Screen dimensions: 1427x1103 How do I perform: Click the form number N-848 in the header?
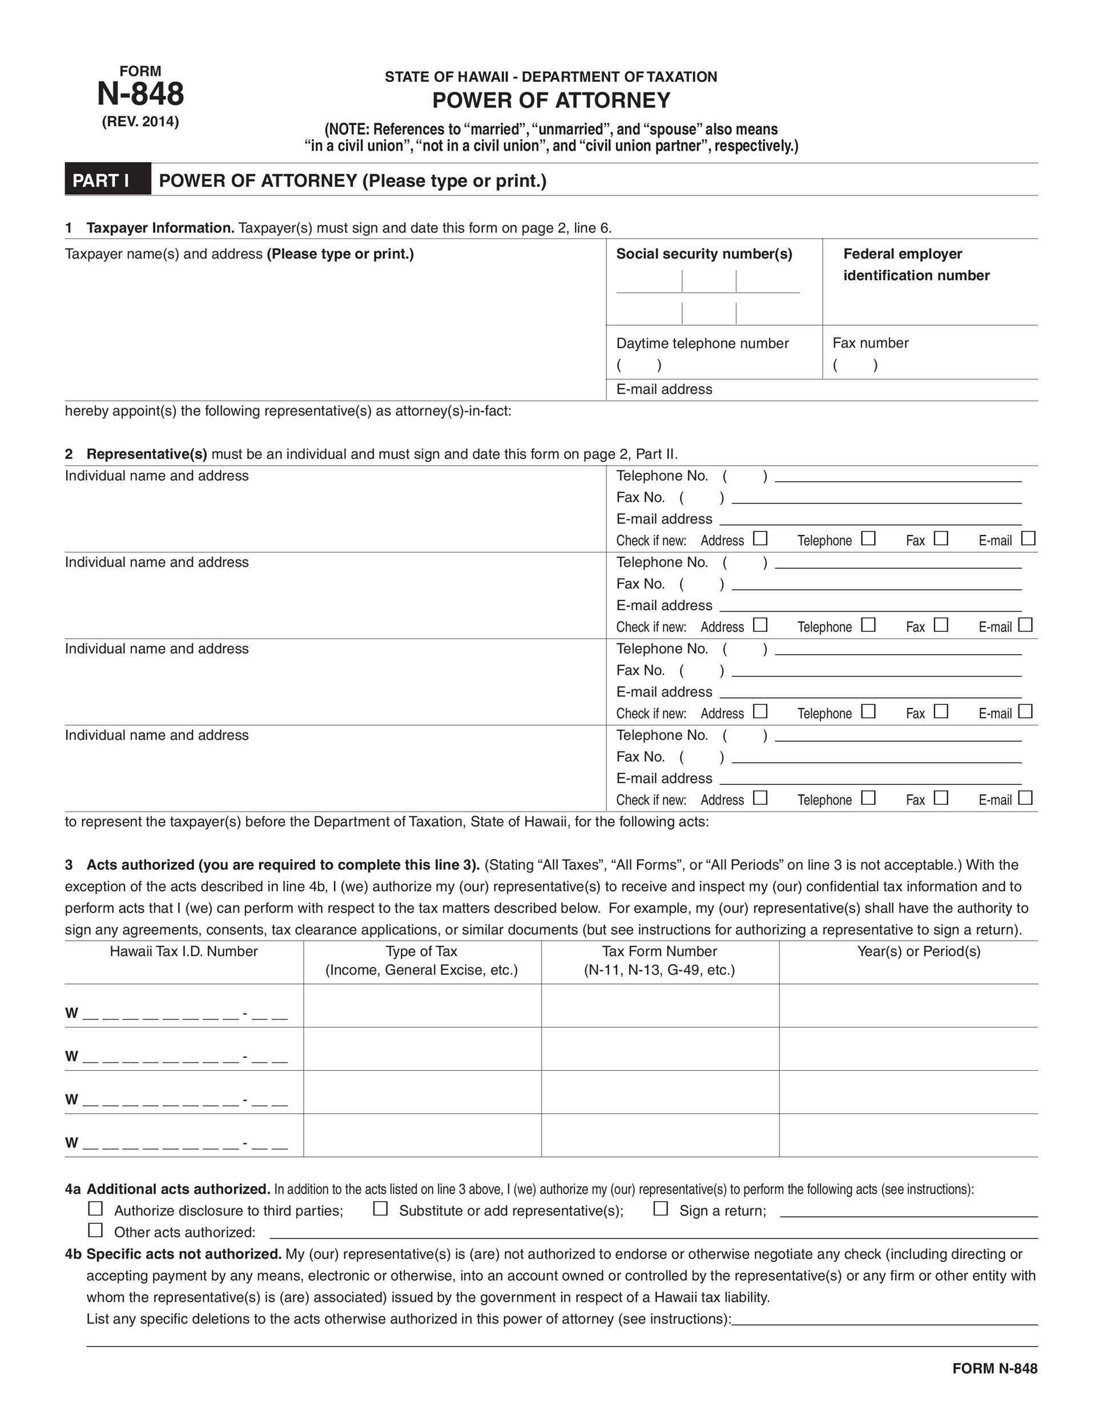coord(140,94)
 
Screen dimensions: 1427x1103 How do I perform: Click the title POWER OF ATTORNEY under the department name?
coord(551,100)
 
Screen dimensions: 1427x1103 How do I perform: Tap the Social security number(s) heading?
coord(704,253)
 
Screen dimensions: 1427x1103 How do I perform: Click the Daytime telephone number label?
coord(702,343)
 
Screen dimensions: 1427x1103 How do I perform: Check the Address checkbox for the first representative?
coord(759,538)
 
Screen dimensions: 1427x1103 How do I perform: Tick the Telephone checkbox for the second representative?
coord(868,624)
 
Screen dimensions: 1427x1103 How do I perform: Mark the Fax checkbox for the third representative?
coord(941,711)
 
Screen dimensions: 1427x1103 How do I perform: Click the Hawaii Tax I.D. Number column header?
coord(184,952)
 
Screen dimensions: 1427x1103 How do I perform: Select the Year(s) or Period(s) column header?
coord(919,952)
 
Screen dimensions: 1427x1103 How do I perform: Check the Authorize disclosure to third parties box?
coord(95,1208)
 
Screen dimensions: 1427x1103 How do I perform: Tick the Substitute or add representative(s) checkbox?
coord(380,1208)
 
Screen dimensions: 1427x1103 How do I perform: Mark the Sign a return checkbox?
coord(661,1208)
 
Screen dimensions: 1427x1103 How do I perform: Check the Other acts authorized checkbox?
coord(95,1230)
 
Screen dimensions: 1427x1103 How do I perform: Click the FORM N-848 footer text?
coord(995,1368)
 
